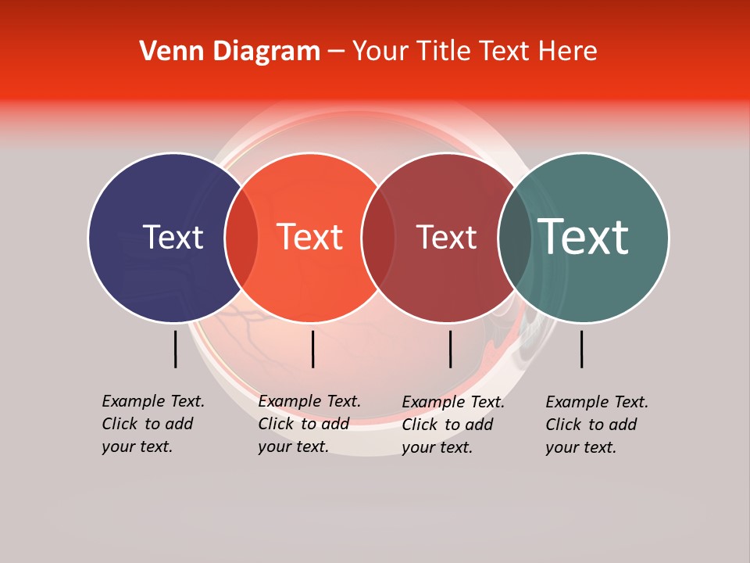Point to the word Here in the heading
570,52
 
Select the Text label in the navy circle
173,237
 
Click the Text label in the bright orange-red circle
309,237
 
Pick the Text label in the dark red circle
446,237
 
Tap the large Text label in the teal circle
583,237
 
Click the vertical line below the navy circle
175,349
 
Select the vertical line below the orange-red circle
312,349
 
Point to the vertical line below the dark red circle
450,349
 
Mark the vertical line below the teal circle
581,349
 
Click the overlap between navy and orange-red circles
241,238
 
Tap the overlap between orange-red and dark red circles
378,238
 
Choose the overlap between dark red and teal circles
515,238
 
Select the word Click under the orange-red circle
276,424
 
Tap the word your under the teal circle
561,447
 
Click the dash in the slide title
336,52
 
